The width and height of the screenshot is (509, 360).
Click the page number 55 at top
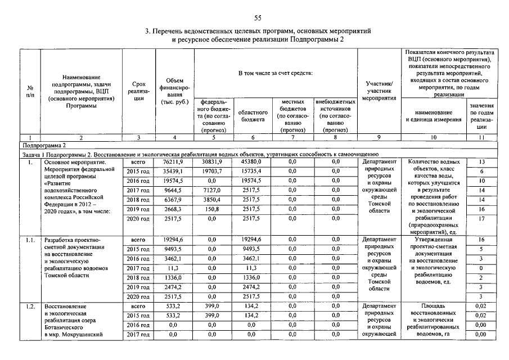point(258,17)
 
